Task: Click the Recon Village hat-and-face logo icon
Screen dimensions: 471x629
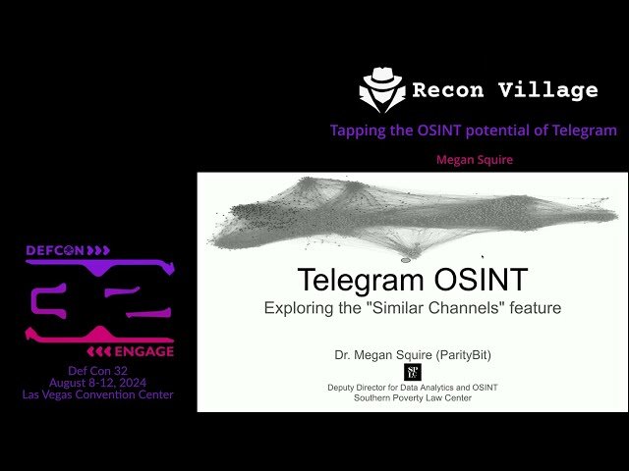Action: [381, 89]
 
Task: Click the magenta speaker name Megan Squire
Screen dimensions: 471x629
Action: [475, 159]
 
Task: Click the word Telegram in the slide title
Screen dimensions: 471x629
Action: [363, 280]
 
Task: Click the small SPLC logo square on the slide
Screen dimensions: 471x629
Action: [412, 372]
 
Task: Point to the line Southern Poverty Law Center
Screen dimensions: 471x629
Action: [413, 397]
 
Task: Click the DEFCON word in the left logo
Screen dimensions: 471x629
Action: [56, 251]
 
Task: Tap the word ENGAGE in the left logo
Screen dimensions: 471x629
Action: [143, 351]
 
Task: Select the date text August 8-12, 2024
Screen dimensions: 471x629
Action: [97, 383]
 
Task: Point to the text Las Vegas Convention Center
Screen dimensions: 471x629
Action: [97, 394]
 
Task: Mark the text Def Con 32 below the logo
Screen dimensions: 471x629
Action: [97, 370]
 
